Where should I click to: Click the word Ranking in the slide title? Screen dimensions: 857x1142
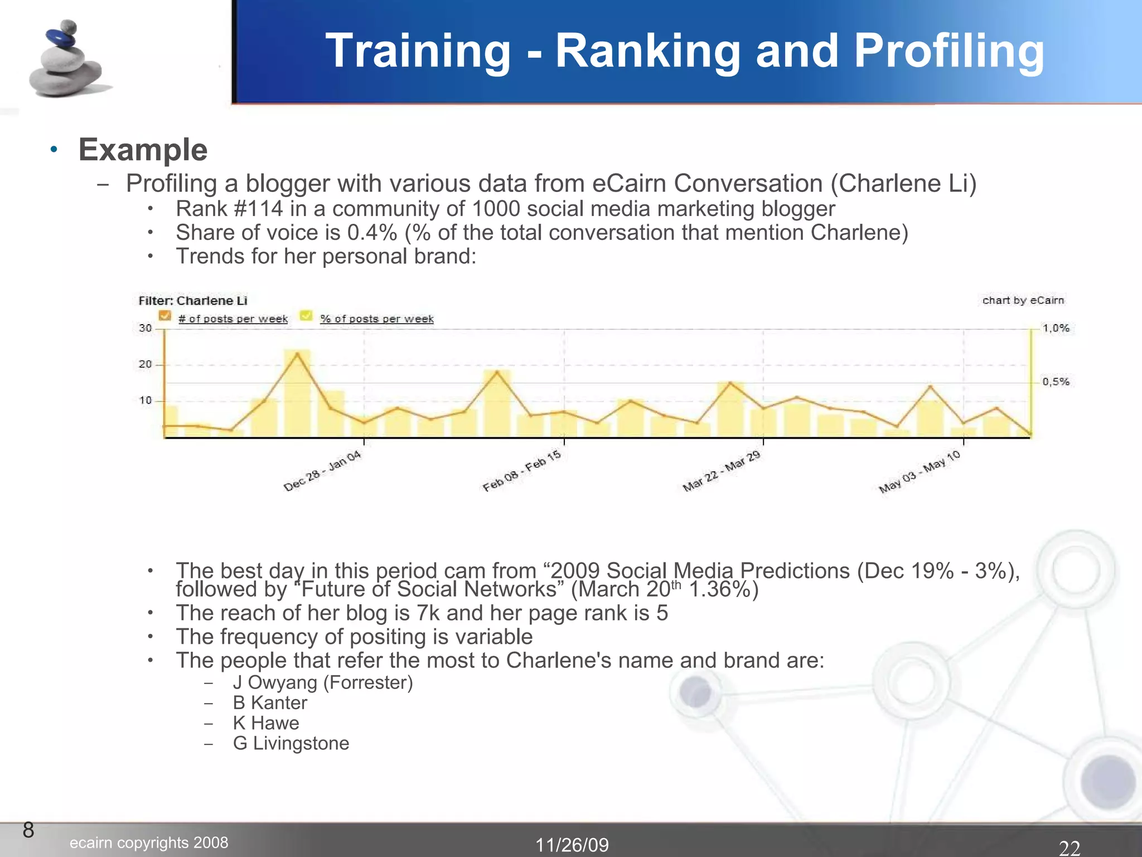[647, 51]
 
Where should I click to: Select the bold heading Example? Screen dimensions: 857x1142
[143, 150]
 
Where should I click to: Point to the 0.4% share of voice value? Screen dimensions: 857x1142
[372, 233]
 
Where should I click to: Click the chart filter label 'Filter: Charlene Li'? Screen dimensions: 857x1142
[193, 301]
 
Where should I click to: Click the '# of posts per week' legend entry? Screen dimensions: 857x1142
[233, 319]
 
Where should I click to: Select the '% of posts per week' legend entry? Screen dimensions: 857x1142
[377, 319]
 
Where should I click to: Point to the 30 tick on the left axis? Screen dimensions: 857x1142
[145, 328]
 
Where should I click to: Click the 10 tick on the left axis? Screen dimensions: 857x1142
[145, 401]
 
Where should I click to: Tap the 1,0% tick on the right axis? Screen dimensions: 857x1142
[1056, 328]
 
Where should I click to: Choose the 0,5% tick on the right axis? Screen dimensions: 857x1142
[1056, 382]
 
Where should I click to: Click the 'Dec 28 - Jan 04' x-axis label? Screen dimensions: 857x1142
[323, 471]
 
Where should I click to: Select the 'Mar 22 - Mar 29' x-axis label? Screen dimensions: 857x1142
[722, 471]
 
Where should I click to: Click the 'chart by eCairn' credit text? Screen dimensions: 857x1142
[1023, 300]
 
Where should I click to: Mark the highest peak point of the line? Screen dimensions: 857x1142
[297, 353]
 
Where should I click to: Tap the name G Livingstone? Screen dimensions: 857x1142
[291, 743]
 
